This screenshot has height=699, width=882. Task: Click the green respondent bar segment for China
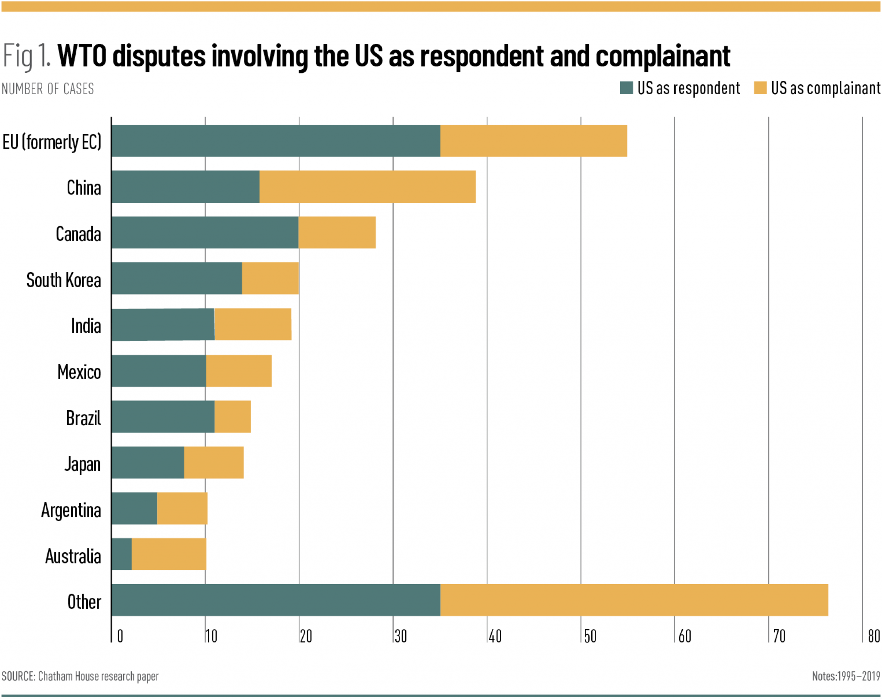point(185,186)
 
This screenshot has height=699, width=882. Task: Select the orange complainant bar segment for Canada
point(337,232)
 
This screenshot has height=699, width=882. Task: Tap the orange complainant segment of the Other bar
point(634,600)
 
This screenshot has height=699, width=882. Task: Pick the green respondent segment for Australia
point(121,554)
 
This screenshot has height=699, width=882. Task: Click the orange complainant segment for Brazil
point(233,417)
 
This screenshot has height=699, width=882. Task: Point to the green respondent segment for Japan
point(148,462)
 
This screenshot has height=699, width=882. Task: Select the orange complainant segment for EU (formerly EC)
point(533,141)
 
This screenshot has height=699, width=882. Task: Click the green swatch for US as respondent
point(626,88)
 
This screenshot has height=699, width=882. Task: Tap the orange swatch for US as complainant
point(760,88)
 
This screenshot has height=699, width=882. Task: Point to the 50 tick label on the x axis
point(590,636)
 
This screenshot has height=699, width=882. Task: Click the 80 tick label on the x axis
point(873,636)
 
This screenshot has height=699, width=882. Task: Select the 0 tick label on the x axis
point(120,636)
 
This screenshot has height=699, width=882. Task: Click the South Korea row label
point(64,280)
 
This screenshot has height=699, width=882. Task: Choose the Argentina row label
point(71,510)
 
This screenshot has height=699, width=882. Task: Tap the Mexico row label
point(79,372)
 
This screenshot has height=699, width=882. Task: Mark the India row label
point(86,326)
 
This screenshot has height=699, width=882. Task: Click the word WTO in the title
point(82,56)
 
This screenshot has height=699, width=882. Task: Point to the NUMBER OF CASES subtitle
point(48,89)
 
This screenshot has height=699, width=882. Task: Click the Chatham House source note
point(80,676)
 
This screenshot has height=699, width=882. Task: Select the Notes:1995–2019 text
point(846,676)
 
